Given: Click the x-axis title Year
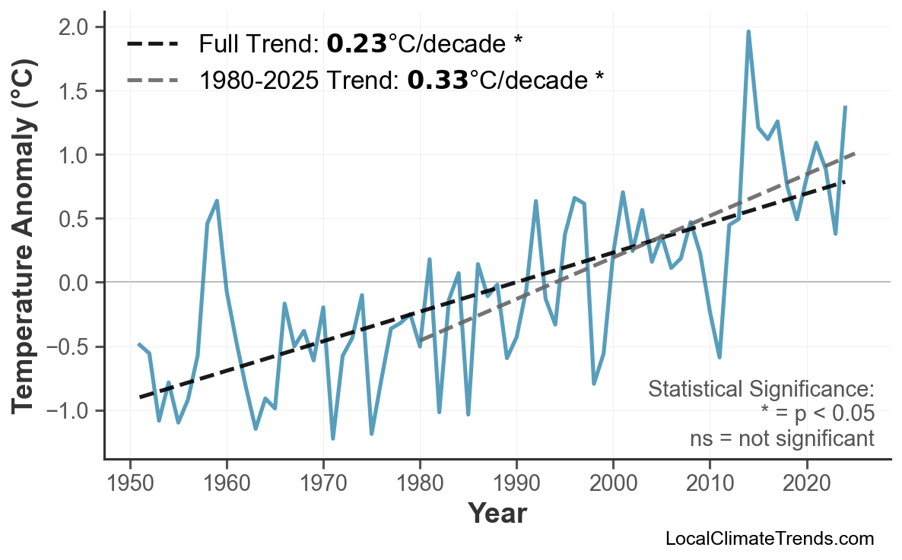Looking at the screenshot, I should [497, 514].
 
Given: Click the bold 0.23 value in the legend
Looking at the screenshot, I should [357, 44].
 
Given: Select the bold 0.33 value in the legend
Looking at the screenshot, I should [437, 80].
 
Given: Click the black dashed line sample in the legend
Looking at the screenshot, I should [153, 44].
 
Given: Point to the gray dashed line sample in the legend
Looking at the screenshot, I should [153, 80].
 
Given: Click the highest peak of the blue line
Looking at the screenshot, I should [748, 32].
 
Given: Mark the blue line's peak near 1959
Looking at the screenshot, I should [218, 201].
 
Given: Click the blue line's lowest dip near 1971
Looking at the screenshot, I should [333, 438].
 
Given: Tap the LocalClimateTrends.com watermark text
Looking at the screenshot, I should [769, 539].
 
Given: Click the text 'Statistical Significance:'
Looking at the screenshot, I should [761, 390].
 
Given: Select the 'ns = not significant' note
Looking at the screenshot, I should [781, 438].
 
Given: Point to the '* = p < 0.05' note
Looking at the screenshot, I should [817, 414].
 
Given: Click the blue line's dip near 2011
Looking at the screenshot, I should [719, 357].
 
